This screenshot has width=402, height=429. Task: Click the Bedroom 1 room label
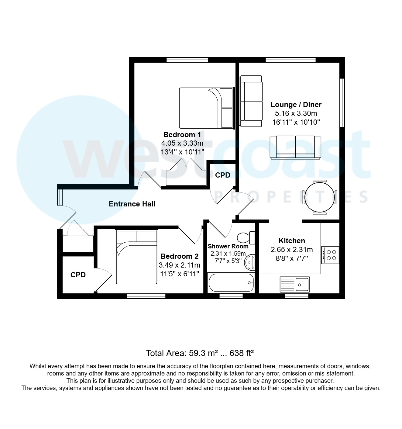tap(182, 135)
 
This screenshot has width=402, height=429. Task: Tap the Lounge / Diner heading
tap(296, 105)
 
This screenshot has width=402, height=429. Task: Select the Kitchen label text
tap(292, 241)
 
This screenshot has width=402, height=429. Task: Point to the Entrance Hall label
tap(132, 204)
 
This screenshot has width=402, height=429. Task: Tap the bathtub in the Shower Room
tap(231, 283)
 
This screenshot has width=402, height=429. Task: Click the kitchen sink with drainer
tap(294, 284)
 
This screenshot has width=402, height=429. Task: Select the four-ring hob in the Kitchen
tap(330, 255)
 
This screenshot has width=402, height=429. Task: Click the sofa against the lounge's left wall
tap(251, 101)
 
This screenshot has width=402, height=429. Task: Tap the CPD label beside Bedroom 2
tap(78, 275)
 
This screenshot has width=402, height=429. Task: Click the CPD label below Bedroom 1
tap(223, 175)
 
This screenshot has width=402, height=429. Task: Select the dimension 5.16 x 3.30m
tap(296, 113)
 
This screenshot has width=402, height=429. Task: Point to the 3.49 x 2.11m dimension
tap(179, 265)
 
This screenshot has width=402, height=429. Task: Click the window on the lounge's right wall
tap(342, 102)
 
